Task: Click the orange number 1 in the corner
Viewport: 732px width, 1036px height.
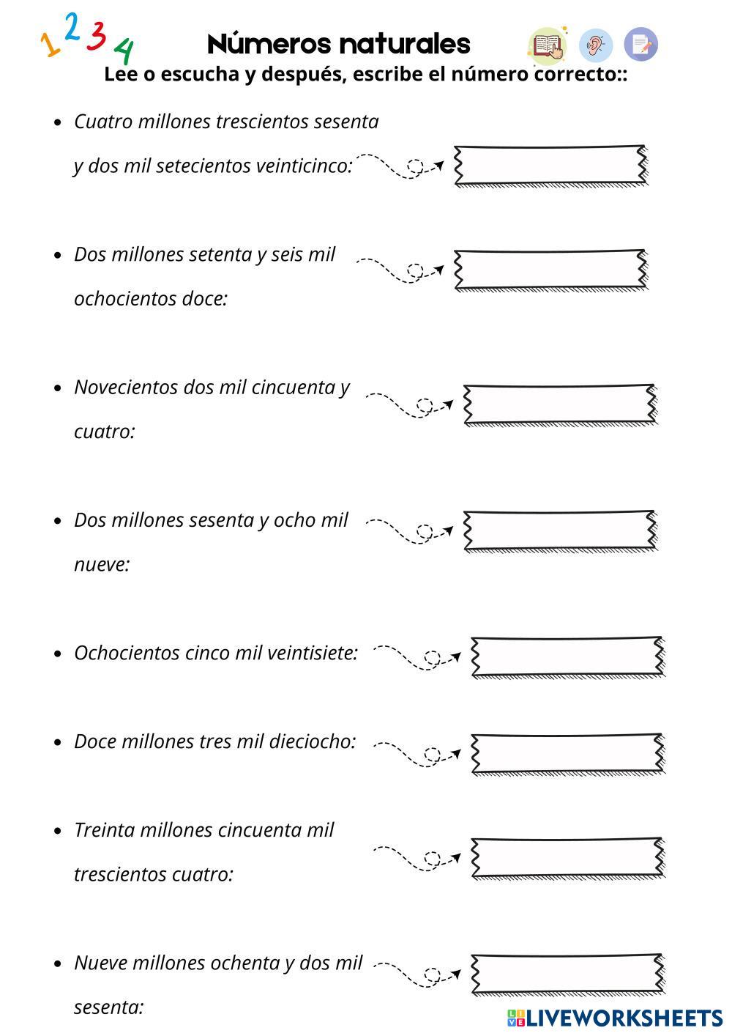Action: (50, 45)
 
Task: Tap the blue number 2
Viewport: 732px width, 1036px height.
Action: (72, 27)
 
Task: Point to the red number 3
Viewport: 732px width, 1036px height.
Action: (97, 35)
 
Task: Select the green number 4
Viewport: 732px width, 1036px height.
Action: (124, 51)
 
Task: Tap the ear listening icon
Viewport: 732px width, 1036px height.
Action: (596, 45)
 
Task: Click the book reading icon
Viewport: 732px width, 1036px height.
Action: (547, 45)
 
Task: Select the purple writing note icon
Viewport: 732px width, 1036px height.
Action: (641, 45)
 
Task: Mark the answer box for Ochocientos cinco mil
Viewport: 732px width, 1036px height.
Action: (567, 656)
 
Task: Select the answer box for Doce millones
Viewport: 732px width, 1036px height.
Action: (567, 753)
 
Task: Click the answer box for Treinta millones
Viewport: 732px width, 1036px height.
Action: (567, 857)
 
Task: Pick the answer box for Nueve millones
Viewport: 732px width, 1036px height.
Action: (567, 974)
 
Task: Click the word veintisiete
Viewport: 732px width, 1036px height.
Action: (313, 653)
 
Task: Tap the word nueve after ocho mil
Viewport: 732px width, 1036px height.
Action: (101, 565)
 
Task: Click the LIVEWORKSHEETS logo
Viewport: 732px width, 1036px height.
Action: (615, 1018)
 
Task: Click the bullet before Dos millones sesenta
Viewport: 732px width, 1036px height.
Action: (59, 521)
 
